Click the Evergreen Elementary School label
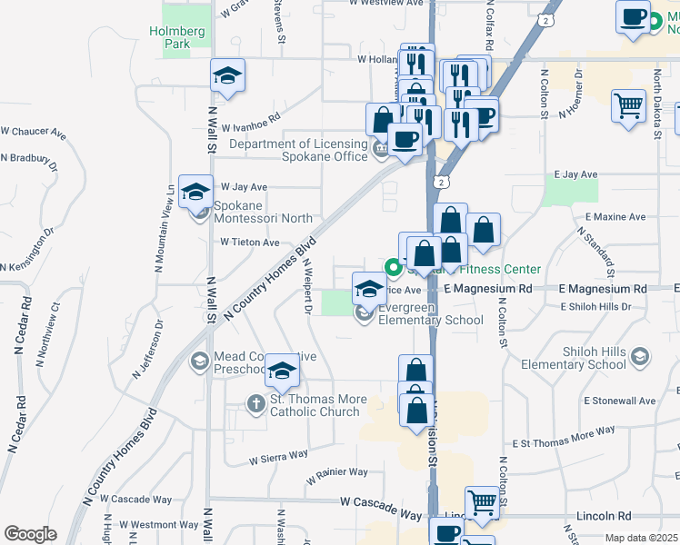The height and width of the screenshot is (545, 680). coord(430,314)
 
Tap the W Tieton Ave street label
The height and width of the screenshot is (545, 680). coord(250,243)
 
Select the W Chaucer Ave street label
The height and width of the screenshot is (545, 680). coord(35,134)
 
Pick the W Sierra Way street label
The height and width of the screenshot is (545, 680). coord(279,455)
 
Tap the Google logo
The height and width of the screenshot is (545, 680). coord(29,534)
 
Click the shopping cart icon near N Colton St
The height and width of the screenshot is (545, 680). coord(628,107)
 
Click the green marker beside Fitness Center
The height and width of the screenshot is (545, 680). coord(394,267)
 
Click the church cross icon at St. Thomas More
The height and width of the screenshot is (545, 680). coord(257,402)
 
